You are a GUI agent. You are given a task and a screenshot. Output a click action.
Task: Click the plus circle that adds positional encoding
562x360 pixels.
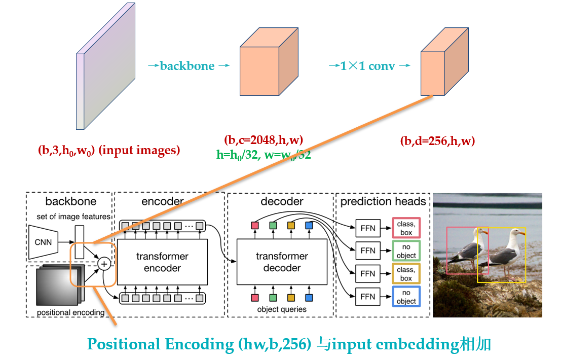[104, 263]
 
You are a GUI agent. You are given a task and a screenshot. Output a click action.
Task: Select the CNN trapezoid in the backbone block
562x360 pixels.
[43, 242]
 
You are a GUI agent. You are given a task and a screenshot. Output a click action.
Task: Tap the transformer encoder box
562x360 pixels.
[162, 262]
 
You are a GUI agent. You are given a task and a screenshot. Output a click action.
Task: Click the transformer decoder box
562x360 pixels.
[282, 262]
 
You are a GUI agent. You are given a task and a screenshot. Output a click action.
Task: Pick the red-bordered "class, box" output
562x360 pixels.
[406, 228]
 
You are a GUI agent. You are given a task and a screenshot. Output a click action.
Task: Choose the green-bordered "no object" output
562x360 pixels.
[406, 250]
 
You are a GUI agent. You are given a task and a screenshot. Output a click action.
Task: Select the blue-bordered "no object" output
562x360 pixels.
[406, 297]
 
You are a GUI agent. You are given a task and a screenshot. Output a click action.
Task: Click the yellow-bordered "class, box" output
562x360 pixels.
[406, 274]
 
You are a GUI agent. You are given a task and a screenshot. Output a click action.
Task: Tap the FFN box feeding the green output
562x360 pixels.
[368, 250]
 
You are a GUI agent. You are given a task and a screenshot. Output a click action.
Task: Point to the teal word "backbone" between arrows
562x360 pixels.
[187, 66]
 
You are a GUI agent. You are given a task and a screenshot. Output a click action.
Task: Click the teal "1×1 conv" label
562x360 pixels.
[368, 66]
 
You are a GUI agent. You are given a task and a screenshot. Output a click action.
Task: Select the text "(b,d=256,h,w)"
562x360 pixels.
[437, 141]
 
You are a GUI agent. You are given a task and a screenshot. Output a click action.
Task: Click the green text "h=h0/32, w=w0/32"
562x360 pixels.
[264, 155]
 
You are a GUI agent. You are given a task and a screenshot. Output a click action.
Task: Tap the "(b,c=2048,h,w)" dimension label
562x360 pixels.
[264, 140]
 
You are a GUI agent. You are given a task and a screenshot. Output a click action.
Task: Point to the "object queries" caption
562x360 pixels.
[282, 309]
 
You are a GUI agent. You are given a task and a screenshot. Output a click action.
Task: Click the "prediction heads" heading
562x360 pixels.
[383, 201]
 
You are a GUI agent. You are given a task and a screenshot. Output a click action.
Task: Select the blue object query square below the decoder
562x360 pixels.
[309, 297]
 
